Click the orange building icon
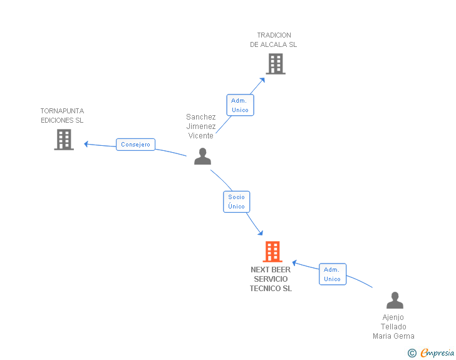point(272,252)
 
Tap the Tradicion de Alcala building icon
point(276,64)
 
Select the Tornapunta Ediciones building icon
point(64,140)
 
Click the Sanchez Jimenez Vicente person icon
point(203,156)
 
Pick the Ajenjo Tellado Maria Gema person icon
point(395,300)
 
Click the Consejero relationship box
point(135,145)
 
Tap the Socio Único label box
point(236,202)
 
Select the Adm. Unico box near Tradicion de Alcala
point(241,105)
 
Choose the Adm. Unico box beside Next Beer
point(333,274)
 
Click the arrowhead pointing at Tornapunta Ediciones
point(86,143)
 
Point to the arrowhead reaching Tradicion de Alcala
point(262,80)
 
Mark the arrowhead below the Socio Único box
point(261,233)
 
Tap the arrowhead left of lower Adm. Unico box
point(294,263)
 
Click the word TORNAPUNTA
point(62,111)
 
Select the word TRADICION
point(274,35)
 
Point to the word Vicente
point(200,136)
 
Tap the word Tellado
point(393,327)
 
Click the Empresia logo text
point(437,352)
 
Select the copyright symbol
point(412,353)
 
